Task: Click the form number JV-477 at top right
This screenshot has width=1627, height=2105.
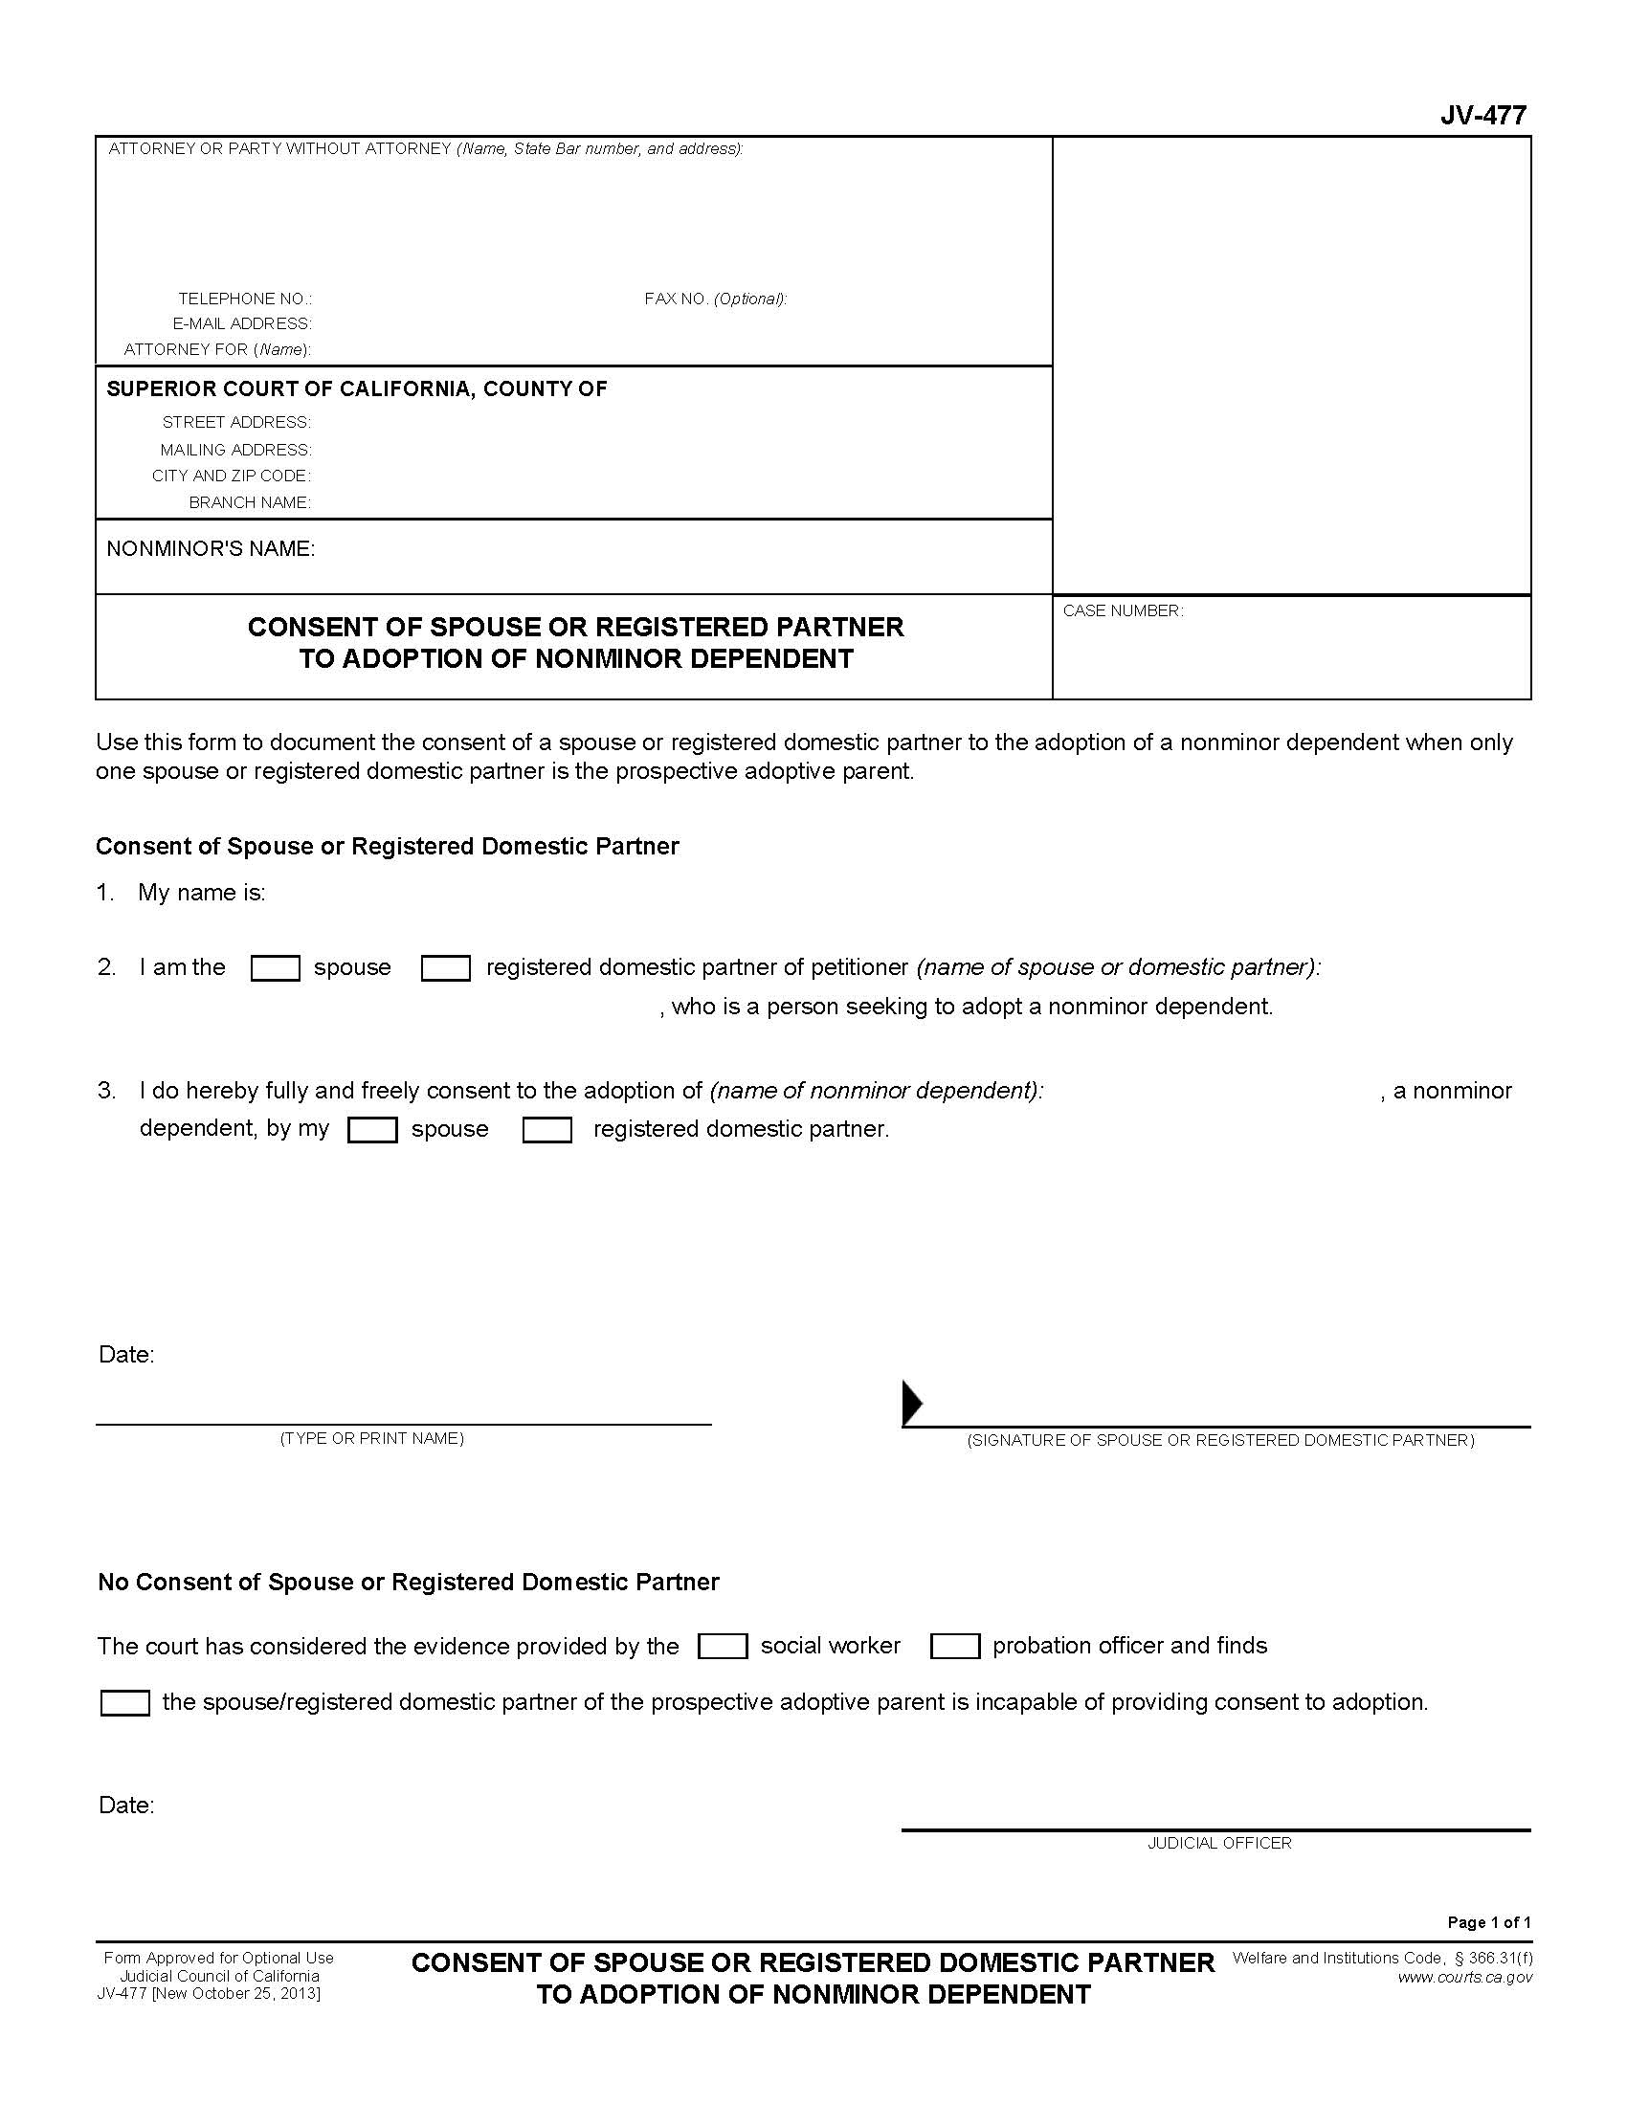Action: pyautogui.click(x=1482, y=116)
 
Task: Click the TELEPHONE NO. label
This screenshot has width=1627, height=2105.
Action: pyautogui.click(x=245, y=299)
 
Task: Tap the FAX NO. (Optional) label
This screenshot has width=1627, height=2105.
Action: pyautogui.click(x=715, y=299)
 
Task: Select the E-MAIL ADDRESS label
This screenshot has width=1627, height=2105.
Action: pyautogui.click(x=242, y=323)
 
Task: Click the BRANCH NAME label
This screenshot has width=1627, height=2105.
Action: pyautogui.click(x=250, y=502)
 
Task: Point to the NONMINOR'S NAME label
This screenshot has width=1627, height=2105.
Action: pyautogui.click(x=211, y=548)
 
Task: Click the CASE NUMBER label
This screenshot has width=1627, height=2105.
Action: pyautogui.click(x=1122, y=611)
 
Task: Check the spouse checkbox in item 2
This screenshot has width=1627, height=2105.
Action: pyautogui.click(x=275, y=967)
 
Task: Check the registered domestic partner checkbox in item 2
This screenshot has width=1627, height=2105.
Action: pyautogui.click(x=445, y=967)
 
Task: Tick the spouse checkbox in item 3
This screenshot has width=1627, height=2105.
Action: pyautogui.click(x=372, y=1130)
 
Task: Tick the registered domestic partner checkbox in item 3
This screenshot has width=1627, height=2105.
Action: pyautogui.click(x=546, y=1130)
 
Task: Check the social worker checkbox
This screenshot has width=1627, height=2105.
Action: pyautogui.click(x=722, y=1647)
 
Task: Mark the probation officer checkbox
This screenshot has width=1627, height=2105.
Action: pyautogui.click(x=954, y=1647)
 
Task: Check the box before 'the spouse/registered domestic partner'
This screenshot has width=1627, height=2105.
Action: pyautogui.click(x=125, y=1703)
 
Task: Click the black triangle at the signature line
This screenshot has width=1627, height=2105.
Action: pyautogui.click(x=911, y=1403)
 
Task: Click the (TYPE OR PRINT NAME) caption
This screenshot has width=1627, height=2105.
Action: pyautogui.click(x=372, y=1438)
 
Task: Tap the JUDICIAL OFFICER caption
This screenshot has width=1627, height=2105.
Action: pyautogui.click(x=1218, y=1843)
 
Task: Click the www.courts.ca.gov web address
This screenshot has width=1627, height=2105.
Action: pyautogui.click(x=1464, y=1977)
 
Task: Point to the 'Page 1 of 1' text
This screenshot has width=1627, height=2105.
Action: pyautogui.click(x=1488, y=1922)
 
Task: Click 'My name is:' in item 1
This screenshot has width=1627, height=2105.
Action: pyautogui.click(x=201, y=893)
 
